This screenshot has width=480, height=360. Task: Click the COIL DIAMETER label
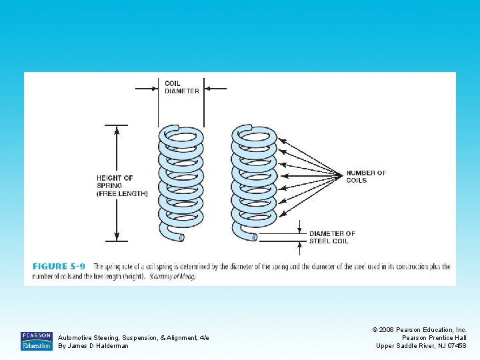[181, 87]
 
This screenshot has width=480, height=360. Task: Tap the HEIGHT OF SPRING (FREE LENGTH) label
[122, 185]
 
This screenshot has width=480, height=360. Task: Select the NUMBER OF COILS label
[366, 177]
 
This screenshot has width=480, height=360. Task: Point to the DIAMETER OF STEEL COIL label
[332, 237]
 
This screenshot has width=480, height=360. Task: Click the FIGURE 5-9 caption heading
[59, 267]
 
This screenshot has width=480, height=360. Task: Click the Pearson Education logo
[36, 341]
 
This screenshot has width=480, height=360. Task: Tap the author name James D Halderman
[93, 346]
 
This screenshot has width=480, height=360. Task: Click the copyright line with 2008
[420, 329]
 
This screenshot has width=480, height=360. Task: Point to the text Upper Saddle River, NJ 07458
[421, 346]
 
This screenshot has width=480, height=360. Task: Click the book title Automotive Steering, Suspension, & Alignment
[133, 338]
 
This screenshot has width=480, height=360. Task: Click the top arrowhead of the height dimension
[117, 129]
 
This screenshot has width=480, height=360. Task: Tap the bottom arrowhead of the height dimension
[117, 237]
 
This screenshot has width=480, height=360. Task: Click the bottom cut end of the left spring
[181, 237]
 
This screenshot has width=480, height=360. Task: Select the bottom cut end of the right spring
[254, 237]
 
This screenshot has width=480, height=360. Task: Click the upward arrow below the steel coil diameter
[300, 246]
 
